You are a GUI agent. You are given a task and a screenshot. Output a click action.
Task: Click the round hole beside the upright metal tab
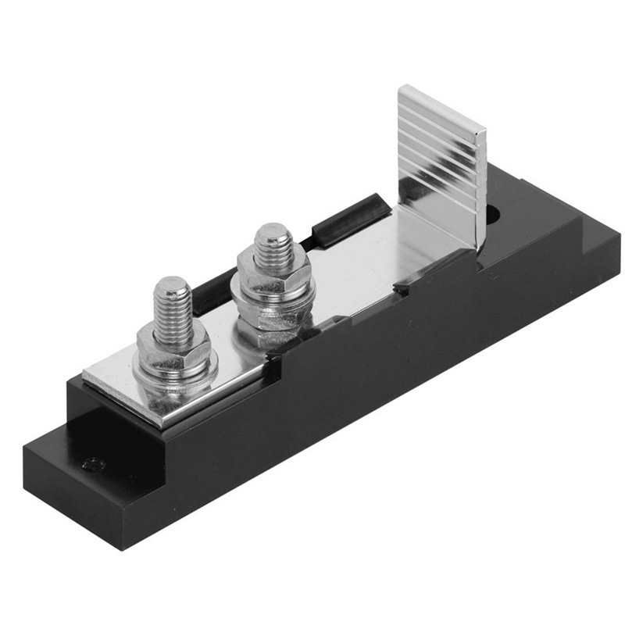(x=493, y=213)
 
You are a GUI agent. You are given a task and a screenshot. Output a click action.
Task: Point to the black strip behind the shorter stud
(x=212, y=287)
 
